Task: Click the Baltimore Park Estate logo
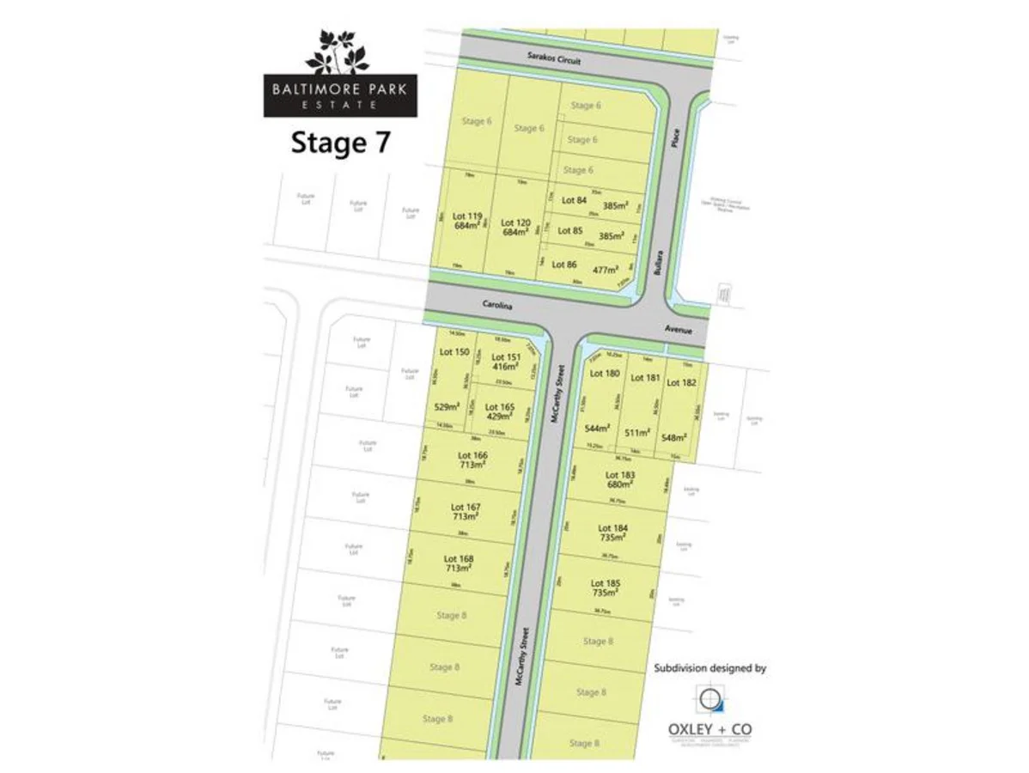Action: (340, 74)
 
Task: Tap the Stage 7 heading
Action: (340, 143)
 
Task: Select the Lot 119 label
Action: (467, 216)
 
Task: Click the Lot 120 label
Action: (516, 222)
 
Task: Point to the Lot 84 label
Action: (574, 200)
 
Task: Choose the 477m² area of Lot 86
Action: (605, 269)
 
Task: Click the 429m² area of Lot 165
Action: (500, 416)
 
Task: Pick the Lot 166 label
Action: (472, 455)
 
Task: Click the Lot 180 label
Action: (605, 373)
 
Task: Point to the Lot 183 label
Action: (620, 475)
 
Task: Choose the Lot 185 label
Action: (606, 583)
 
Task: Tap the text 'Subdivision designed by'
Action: (709, 667)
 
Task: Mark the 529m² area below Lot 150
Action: (447, 407)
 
